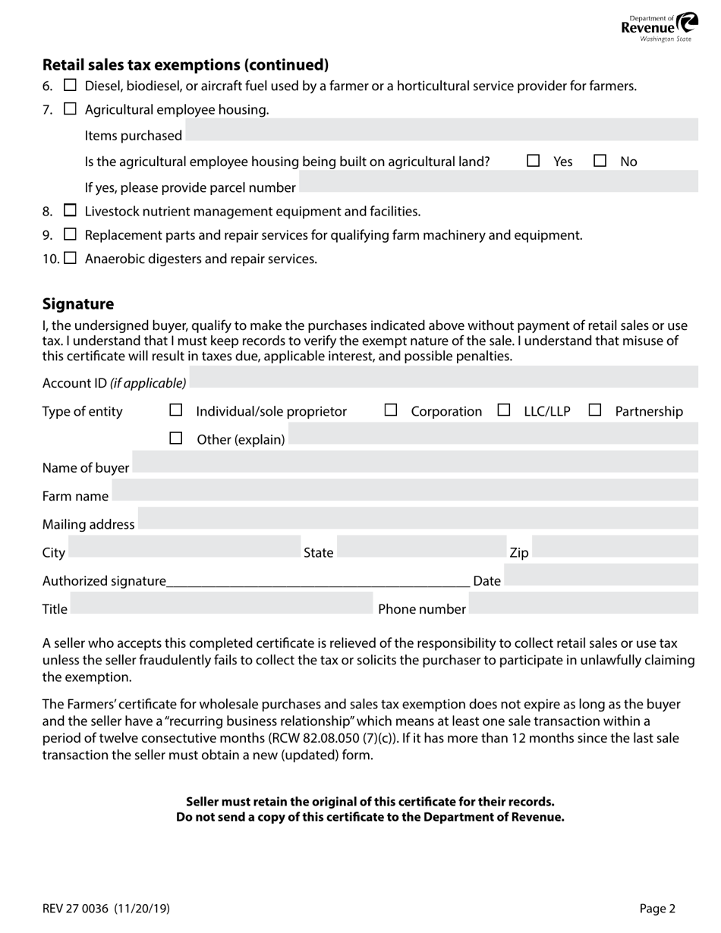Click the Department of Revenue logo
pos(658,27)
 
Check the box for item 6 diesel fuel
pos(70,86)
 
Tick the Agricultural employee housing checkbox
pos(70,109)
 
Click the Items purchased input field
pos(441,135)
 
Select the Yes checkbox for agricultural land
pos(534,161)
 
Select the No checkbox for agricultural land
pos(600,161)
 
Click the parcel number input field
pos(498,187)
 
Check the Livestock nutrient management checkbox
pos(70,211)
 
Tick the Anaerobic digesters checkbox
pos(70,258)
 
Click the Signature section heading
pos(78,304)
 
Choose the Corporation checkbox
pos(391,410)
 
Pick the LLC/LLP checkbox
pos(504,410)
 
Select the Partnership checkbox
pos(595,410)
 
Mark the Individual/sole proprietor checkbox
pos(176,410)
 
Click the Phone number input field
pos(583,608)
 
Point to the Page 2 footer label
pos(656,908)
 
